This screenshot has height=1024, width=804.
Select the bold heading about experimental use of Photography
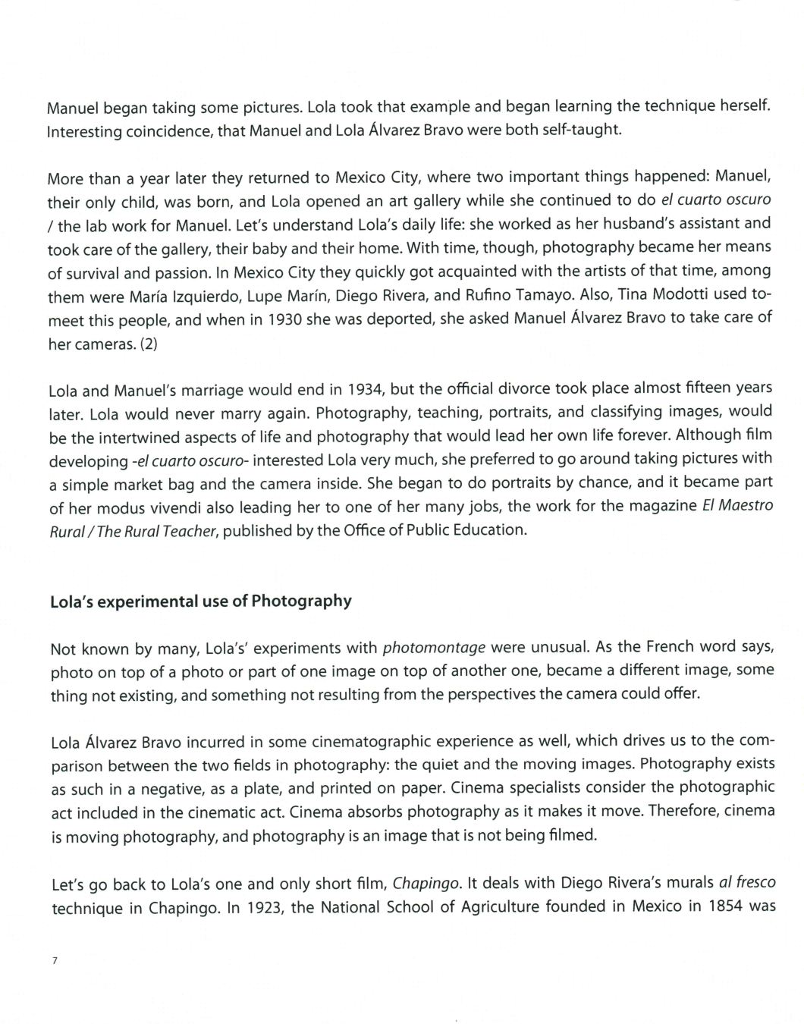[200, 602]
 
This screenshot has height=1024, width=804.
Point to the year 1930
[284, 319]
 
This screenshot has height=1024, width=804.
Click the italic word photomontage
[435, 648]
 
